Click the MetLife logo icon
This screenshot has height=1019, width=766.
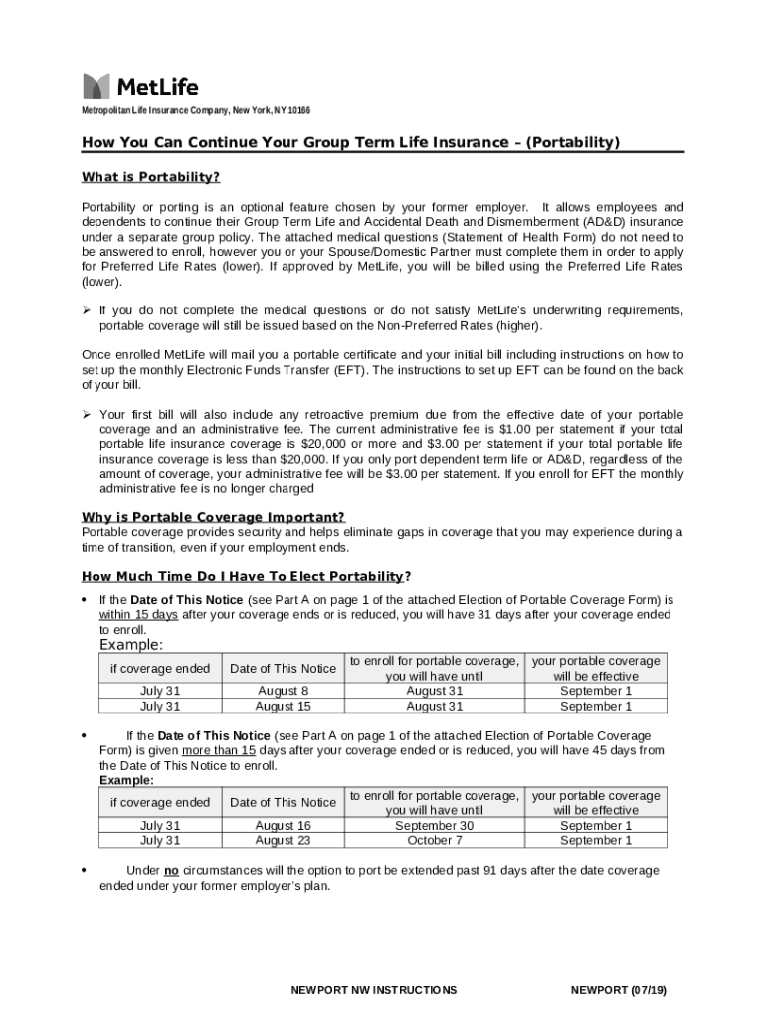pos(96,86)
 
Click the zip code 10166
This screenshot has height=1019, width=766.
pos(296,110)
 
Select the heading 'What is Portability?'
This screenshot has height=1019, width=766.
pos(150,177)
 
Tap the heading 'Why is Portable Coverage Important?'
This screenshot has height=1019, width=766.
pos(213,517)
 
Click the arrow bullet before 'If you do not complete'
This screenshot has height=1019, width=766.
pos(87,311)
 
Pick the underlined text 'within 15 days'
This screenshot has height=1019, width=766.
pos(138,615)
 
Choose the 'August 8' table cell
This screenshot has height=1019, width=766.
pos(283,691)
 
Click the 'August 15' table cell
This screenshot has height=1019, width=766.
pos(283,706)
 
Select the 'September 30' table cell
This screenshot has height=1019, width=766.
pos(434,826)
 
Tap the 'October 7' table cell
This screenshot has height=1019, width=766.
pos(434,841)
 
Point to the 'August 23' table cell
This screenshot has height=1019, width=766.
pos(283,841)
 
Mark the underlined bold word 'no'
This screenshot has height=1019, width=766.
pos(171,871)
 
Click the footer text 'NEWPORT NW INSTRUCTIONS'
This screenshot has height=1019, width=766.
pos(374,990)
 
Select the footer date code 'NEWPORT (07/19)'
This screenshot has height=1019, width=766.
pos(619,990)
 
